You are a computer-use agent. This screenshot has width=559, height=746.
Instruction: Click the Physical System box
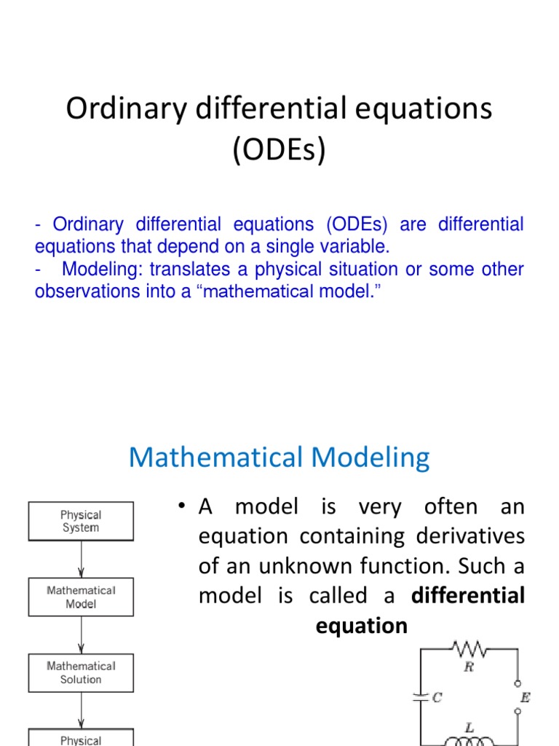(81, 521)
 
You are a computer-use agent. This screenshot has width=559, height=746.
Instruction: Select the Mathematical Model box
(81, 597)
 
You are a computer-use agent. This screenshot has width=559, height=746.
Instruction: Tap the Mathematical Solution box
(81, 672)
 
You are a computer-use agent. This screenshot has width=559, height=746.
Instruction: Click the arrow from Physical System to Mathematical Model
(81, 559)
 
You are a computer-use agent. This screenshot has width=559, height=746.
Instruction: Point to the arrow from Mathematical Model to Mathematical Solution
(81, 635)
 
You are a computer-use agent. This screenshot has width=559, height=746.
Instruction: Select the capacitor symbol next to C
(419, 697)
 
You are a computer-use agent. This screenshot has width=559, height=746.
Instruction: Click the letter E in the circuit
(525, 697)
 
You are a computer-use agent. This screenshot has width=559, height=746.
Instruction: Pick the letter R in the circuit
(469, 667)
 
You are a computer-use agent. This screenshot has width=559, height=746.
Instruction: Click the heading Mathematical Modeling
(279, 458)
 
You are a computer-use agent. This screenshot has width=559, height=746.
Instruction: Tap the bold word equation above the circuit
(362, 626)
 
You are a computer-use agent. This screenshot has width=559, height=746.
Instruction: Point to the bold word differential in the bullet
(468, 596)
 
